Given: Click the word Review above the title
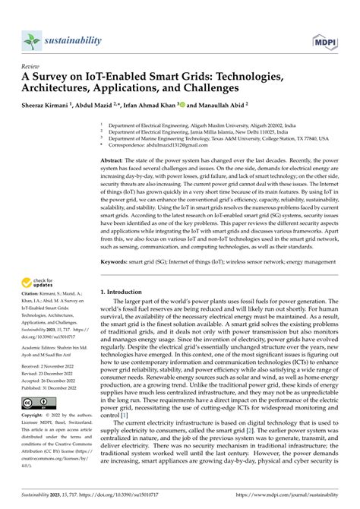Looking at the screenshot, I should pos(30,65).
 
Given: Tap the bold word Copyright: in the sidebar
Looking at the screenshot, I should pos(34,416).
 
